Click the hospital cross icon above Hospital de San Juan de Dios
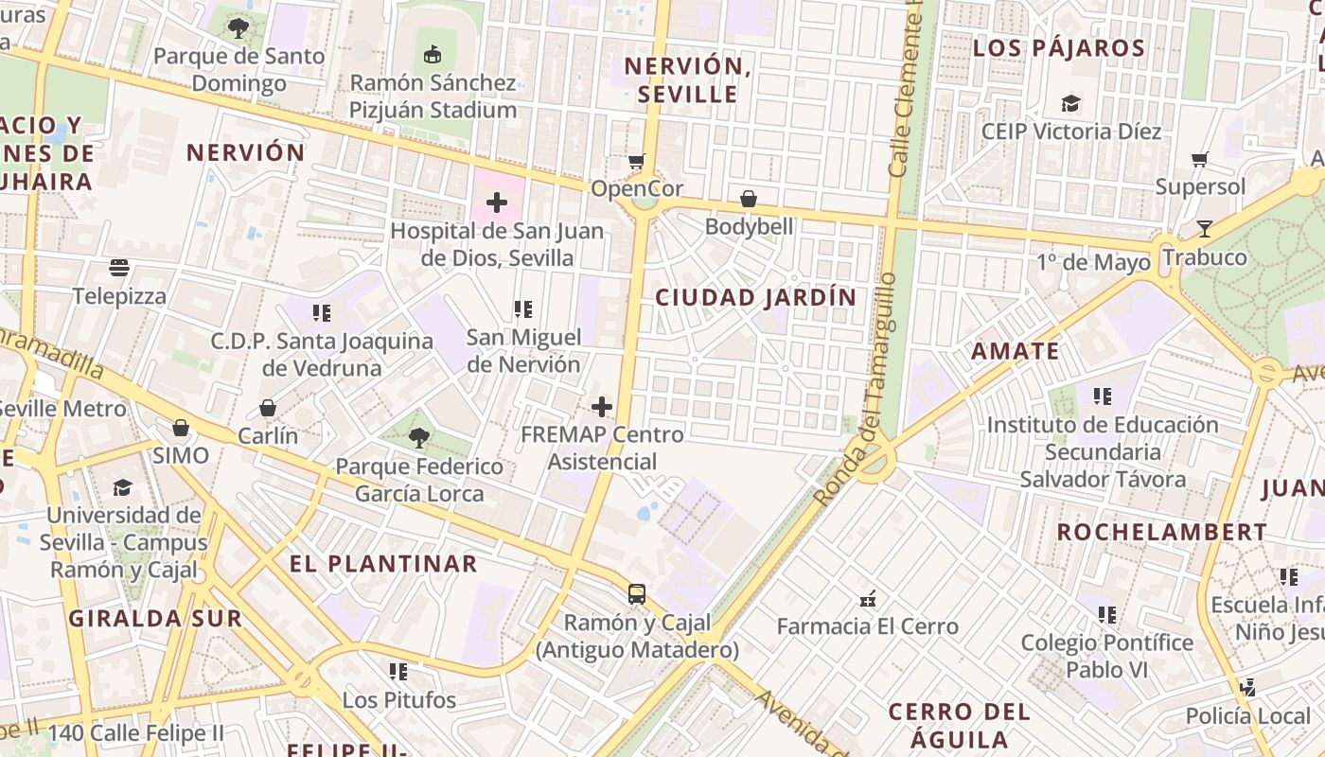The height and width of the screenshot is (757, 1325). (x=496, y=202)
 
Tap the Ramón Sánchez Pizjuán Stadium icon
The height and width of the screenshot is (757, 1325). (x=433, y=54)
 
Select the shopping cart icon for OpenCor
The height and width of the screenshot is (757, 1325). (x=637, y=161)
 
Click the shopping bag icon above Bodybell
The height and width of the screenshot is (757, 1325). (x=749, y=199)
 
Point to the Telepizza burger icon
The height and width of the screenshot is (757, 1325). (x=119, y=268)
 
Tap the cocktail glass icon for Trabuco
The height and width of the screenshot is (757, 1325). (x=1204, y=228)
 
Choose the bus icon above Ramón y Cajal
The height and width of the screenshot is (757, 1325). (x=637, y=594)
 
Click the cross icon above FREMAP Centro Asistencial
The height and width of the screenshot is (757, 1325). (x=601, y=407)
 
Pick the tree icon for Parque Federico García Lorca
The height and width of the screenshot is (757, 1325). (x=418, y=438)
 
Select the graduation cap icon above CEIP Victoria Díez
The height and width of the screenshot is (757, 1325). (x=1070, y=102)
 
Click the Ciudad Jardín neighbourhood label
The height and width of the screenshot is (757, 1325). (x=756, y=297)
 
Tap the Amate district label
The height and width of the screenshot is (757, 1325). (x=1016, y=351)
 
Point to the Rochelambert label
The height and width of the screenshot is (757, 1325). (x=1161, y=532)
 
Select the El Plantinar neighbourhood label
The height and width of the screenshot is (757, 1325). (x=383, y=564)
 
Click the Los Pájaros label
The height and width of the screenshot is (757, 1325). (x=1059, y=47)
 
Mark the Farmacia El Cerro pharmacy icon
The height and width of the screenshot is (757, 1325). (x=867, y=598)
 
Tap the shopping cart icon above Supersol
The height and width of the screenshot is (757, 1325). (x=1200, y=159)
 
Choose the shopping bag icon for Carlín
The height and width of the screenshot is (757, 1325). (x=268, y=408)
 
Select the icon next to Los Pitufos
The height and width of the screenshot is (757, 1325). (x=398, y=672)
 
